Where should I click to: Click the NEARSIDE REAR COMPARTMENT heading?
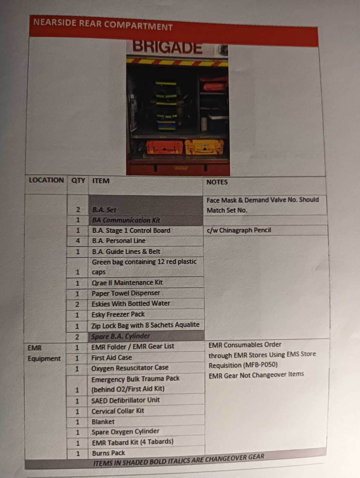coord(103,24)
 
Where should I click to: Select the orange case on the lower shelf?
coord(164,147)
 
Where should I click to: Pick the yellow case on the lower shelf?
coord(204,147)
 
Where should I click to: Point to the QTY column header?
coord(78,180)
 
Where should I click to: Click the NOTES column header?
coord(217,182)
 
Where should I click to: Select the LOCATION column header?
coord(46,180)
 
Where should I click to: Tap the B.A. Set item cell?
coord(104,210)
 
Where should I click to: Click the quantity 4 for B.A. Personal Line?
coord(78,241)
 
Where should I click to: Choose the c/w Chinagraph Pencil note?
coord(239,230)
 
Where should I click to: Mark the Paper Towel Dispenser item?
coord(126,293)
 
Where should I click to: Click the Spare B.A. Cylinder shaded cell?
coord(120,336)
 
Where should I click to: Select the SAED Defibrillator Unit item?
coord(126,400)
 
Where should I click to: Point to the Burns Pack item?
coord(108,453)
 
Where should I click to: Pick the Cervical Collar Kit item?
coord(118,411)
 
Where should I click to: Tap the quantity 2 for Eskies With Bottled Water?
coord(77,304)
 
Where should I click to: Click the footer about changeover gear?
coord(179,460)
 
